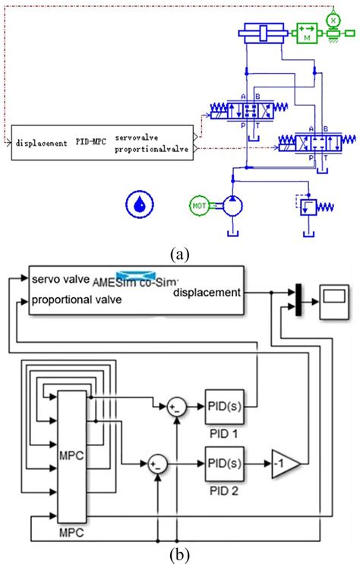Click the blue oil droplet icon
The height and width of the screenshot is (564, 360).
(x=139, y=203)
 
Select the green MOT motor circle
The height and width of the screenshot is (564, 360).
(x=200, y=205)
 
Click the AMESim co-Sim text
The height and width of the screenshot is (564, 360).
(x=135, y=280)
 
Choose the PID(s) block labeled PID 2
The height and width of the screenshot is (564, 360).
(x=223, y=461)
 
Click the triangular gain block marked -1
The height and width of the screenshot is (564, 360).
(x=283, y=461)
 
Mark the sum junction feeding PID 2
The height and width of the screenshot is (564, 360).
(x=157, y=461)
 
